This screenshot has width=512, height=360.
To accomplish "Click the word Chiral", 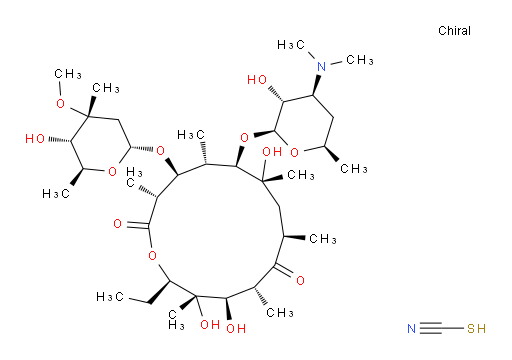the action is click(454, 31).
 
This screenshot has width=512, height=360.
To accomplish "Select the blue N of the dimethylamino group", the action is click(322, 66).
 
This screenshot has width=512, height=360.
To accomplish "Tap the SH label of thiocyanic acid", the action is click(476, 329).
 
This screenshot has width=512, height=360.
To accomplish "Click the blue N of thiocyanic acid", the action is click(412, 329).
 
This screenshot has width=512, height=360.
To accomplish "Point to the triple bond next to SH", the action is click(431, 329).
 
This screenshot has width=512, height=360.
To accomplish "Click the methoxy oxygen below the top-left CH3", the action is click(60, 104).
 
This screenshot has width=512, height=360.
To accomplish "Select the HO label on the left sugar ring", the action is click(35, 139).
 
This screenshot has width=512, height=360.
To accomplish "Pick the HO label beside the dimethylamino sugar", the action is click(257, 80).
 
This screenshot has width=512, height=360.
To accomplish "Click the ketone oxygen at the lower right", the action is click(300, 280).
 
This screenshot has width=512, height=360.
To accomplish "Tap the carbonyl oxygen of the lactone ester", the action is click(117, 223).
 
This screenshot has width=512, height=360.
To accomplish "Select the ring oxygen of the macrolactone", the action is click(152, 256).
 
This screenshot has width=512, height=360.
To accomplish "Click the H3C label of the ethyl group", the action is click(110, 296).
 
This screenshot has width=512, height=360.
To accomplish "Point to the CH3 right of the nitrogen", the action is click(360, 60).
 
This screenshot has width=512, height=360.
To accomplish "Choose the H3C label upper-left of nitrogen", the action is click(291, 44).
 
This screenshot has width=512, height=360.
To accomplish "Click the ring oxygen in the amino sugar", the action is click(294, 153).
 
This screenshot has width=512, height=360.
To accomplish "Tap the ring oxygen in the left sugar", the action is click(113, 171).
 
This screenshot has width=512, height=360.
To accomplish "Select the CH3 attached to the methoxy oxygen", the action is click(68, 74).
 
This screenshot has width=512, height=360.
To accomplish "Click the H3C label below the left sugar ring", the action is click(56, 193).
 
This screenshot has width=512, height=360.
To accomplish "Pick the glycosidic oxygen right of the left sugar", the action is click(160, 151).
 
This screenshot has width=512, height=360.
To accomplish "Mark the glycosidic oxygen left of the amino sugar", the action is click(244, 137).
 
